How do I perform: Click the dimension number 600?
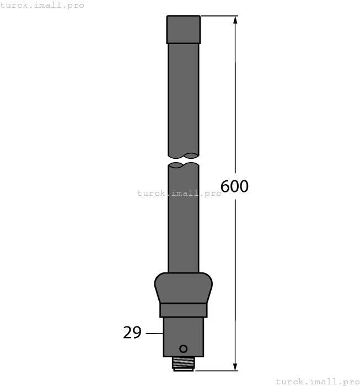coord(234,187)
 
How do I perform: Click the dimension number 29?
coord(132,333)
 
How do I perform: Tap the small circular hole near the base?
coord(183,349)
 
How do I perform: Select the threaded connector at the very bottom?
coord(183,363)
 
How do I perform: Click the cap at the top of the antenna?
coord(183,29)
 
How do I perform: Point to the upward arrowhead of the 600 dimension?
coord(235,20)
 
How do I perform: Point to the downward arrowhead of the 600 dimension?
coord(235,366)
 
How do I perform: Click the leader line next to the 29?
coord(154,333)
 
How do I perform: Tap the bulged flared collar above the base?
coord(183,287)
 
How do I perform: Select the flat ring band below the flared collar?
coord(183,310)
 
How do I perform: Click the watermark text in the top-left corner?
coord(42,5)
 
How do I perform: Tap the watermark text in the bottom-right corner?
coord(317,381)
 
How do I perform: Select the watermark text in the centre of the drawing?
coord(179,193)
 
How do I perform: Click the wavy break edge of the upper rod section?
coord(183,155)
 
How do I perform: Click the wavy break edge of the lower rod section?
coord(183,165)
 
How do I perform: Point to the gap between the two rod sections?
coord(183,160)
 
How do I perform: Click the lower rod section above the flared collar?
coord(183,221)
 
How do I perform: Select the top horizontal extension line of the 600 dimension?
coord(218,16)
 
